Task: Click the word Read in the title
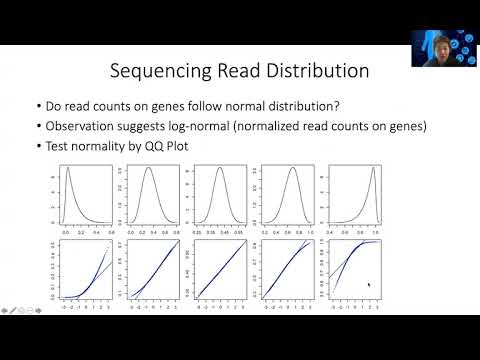[x=236, y=72]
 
